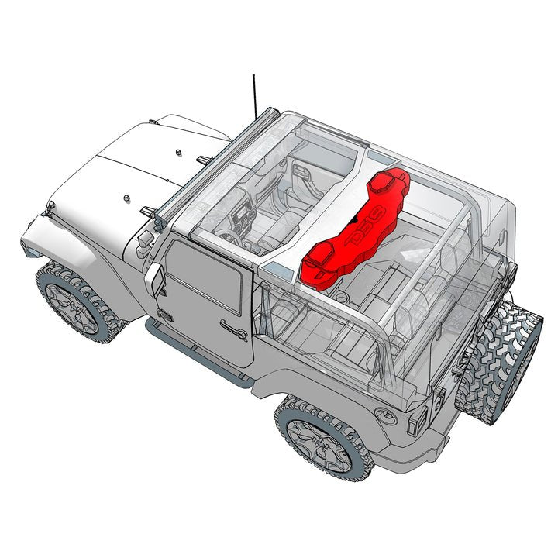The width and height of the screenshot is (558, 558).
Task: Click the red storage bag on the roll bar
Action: click(x=353, y=232)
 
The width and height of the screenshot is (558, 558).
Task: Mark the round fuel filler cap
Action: click(x=385, y=415)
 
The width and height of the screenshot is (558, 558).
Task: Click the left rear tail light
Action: click(x=417, y=419)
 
